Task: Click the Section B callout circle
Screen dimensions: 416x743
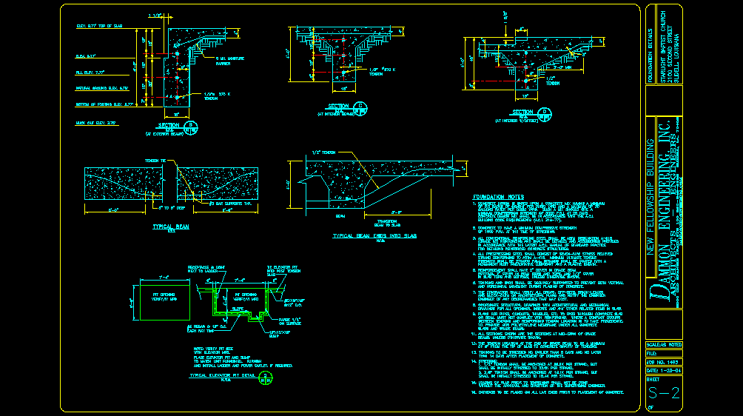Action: (x=190, y=125)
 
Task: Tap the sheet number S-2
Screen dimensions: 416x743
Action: (x=663, y=393)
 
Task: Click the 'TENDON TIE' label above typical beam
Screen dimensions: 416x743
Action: (x=155, y=160)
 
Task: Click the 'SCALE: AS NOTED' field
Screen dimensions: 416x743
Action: (x=663, y=345)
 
